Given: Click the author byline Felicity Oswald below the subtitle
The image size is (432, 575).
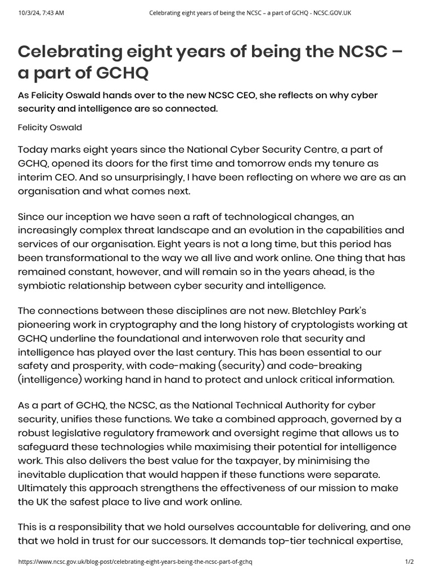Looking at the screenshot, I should pyautogui.click(x=50, y=127).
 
